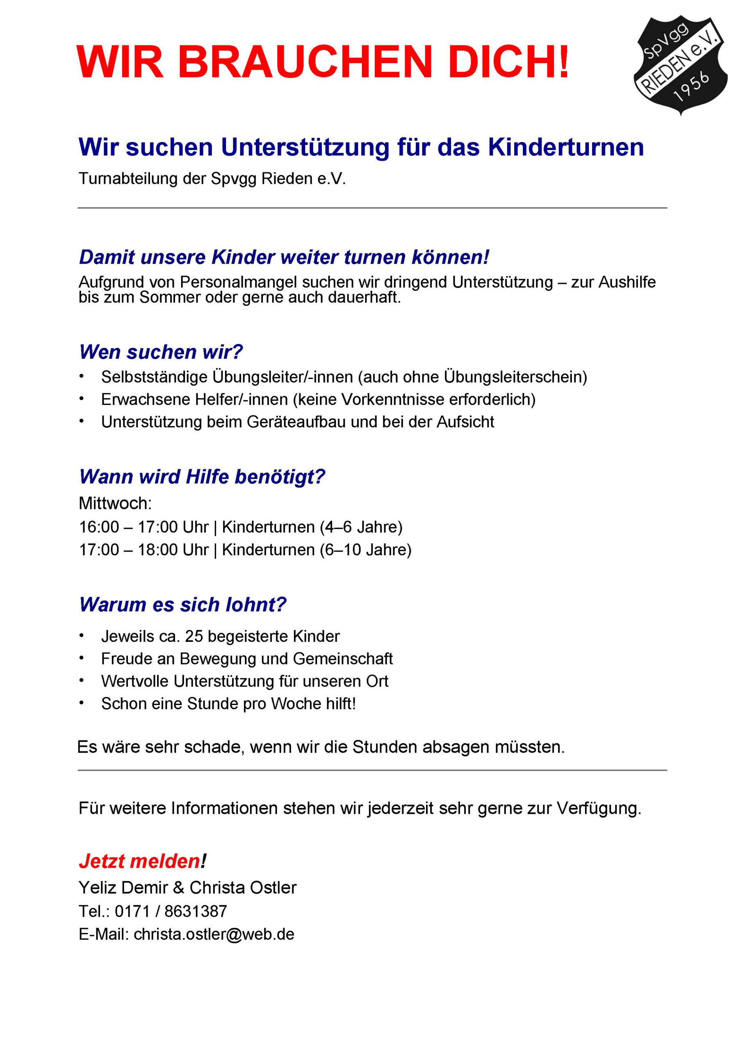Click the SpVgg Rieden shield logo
680,65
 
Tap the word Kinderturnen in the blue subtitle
566,147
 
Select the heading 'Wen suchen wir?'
161,352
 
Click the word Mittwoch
115,503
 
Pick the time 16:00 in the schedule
99,527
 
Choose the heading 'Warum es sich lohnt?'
182,605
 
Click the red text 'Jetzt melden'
139,861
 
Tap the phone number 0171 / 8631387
171,911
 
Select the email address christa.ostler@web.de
214,934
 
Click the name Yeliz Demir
123,888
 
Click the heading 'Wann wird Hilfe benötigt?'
202,477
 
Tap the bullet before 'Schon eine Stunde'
82,703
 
